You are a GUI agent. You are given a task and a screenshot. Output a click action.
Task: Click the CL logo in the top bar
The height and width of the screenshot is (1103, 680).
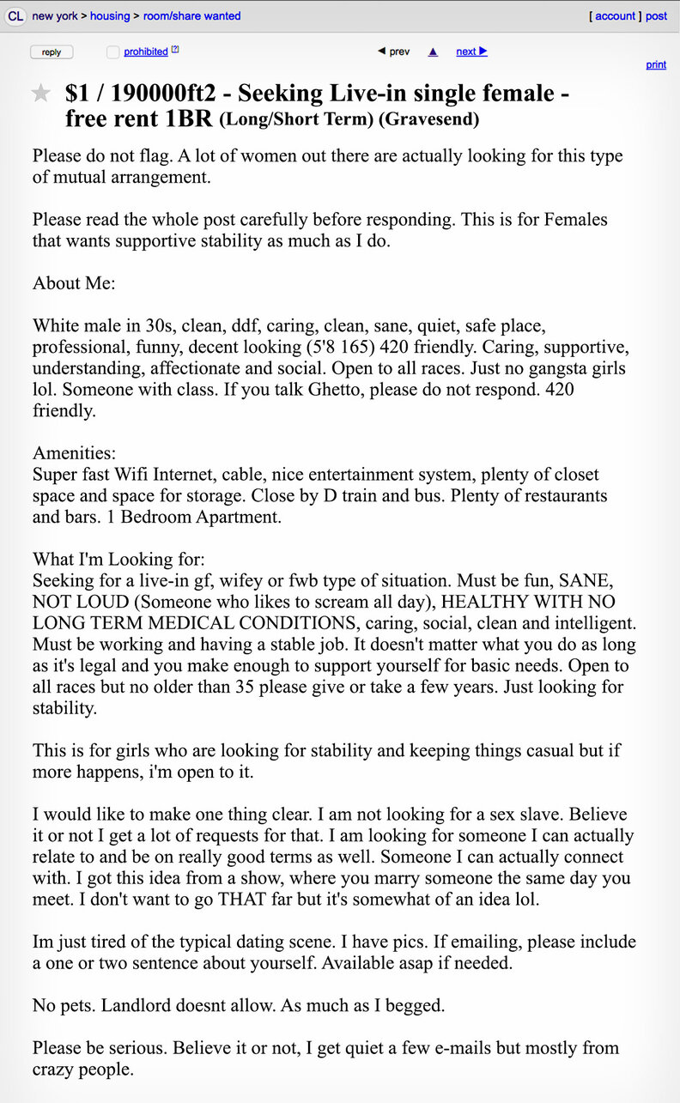click(15, 16)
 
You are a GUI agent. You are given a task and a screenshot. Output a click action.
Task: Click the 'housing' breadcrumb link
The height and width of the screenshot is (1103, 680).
click(110, 16)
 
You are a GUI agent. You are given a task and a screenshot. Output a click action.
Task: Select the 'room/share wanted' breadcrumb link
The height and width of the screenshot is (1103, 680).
click(191, 16)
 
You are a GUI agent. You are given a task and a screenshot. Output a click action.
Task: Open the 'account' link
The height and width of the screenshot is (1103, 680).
click(615, 16)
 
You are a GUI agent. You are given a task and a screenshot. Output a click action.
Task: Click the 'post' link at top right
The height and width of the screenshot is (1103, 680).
click(657, 16)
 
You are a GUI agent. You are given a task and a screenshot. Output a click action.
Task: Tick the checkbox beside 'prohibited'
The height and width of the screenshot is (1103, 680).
click(112, 52)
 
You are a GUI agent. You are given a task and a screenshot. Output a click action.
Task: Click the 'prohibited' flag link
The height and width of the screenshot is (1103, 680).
click(145, 52)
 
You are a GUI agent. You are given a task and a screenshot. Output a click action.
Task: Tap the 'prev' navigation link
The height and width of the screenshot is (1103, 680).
click(394, 52)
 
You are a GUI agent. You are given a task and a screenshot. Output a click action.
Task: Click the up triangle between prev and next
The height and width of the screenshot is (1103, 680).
click(433, 52)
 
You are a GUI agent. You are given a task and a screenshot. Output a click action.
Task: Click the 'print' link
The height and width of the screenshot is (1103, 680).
click(656, 65)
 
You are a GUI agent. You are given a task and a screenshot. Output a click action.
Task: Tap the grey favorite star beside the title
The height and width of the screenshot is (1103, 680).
click(41, 94)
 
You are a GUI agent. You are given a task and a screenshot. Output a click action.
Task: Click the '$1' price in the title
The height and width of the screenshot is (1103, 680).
click(80, 94)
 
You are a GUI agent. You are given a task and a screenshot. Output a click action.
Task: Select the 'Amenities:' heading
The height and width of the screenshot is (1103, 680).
click(74, 452)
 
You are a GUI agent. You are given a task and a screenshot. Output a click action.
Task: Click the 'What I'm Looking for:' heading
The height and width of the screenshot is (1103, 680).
click(118, 537)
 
